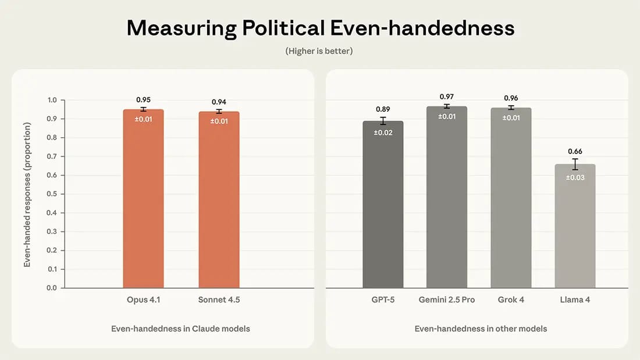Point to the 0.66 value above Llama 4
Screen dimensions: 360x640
[575, 152]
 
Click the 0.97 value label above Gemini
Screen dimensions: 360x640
[447, 97]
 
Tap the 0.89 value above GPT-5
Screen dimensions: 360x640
[383, 109]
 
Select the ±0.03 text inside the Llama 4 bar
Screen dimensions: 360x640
[575, 177]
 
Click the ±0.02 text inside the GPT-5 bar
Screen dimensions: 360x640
[383, 133]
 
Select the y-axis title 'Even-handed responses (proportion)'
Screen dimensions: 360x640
[27, 194]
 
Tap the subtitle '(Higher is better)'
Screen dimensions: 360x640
[319, 51]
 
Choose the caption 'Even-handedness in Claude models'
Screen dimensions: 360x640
[180, 329]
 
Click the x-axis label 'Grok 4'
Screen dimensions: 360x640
[511, 300]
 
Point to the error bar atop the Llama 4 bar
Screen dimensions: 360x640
[575, 164]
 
